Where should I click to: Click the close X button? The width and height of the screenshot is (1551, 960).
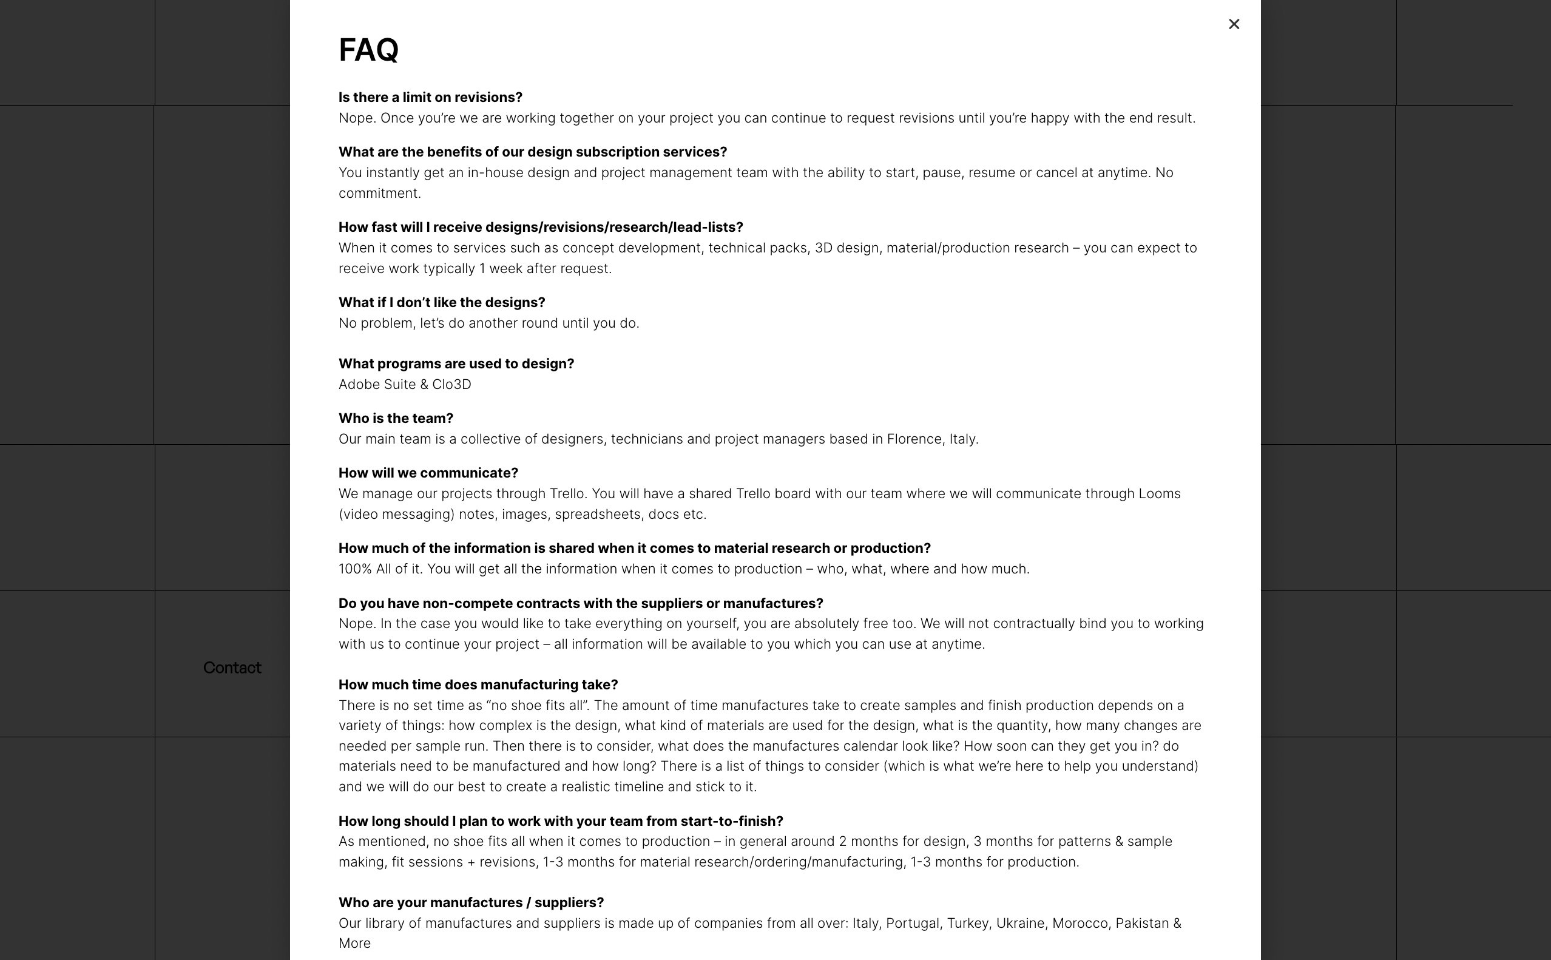point(1234,24)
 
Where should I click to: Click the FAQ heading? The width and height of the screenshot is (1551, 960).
point(368,50)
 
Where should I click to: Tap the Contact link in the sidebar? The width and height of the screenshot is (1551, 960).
point(232,668)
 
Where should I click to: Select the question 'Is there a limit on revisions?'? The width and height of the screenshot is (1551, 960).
point(430,97)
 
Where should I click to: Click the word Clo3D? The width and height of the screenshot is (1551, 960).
point(451,384)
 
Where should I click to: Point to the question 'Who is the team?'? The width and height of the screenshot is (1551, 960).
point(396,419)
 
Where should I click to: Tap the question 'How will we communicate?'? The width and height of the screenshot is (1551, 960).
point(428,473)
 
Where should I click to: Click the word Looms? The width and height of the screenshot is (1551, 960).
point(1158,493)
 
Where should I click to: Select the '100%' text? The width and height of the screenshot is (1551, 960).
point(354,569)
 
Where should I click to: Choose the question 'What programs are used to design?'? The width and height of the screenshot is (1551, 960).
point(456,364)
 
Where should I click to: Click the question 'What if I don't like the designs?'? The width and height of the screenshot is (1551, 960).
point(441,302)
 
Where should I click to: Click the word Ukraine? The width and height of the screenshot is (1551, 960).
point(1019,923)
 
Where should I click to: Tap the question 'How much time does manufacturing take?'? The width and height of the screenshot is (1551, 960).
point(478,685)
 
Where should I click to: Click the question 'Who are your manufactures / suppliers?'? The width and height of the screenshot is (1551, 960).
point(470,902)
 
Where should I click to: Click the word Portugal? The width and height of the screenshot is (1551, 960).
point(912,923)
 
